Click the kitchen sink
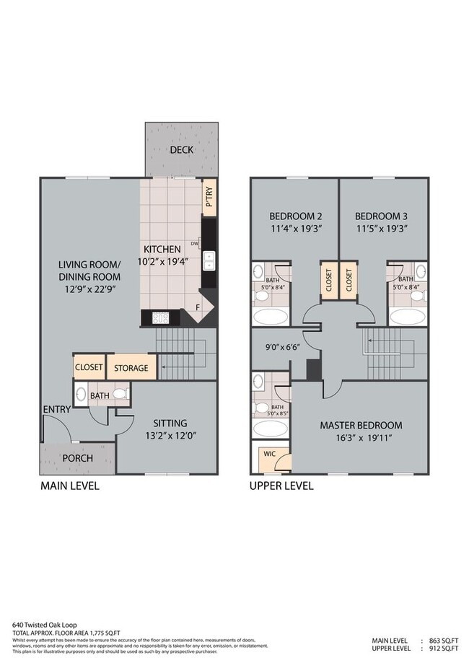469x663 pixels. (209, 260)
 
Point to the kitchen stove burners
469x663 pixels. (160, 317)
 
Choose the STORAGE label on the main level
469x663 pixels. (131, 368)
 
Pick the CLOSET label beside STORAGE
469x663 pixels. (89, 367)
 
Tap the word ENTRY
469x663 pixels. (56, 410)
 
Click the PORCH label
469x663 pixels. (77, 459)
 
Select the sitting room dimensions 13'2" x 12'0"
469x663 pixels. (170, 435)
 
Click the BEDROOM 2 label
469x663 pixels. (295, 216)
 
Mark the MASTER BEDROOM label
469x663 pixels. (361, 425)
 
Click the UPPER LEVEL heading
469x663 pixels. (281, 486)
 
